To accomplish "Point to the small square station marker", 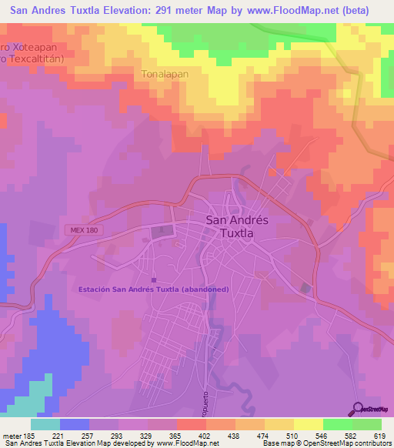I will (x=154, y=280).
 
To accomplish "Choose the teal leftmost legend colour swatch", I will (x=45, y=424).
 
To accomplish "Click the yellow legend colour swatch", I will (x=308, y=424).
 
